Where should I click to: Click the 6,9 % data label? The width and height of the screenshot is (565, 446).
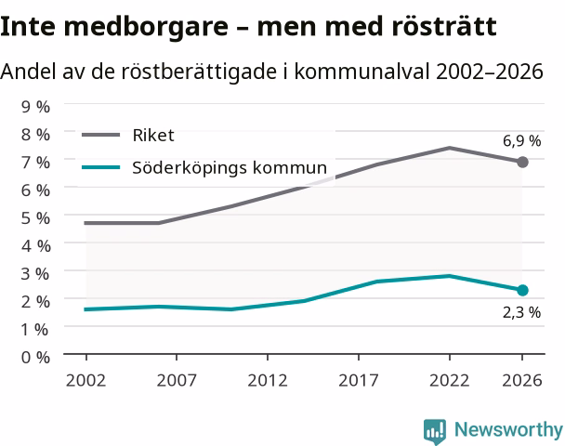(x=521, y=141)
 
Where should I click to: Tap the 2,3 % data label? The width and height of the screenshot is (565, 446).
(x=521, y=312)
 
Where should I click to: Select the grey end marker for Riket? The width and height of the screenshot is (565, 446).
(x=522, y=162)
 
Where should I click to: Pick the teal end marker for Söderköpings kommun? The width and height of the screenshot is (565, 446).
(x=522, y=290)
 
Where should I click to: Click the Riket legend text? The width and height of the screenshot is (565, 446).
(x=153, y=136)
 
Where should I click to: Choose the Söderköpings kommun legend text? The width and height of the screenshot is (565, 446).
(x=230, y=167)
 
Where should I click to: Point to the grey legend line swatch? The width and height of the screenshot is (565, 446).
(x=101, y=135)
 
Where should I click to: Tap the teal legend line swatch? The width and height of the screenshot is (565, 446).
(x=101, y=167)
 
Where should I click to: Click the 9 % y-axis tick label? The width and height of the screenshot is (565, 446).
(x=35, y=107)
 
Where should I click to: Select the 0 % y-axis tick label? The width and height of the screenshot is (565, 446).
(x=35, y=358)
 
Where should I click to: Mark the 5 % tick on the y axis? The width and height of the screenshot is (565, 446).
(x=35, y=218)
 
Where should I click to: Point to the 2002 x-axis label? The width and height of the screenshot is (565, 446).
(x=86, y=380)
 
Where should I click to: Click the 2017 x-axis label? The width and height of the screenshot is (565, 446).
(x=359, y=380)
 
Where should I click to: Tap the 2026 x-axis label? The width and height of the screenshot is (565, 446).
(x=522, y=380)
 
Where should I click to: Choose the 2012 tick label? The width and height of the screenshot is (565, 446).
(x=268, y=380)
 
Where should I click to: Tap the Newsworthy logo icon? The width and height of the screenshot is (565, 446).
(x=435, y=431)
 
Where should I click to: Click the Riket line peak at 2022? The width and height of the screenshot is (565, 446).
(x=450, y=148)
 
